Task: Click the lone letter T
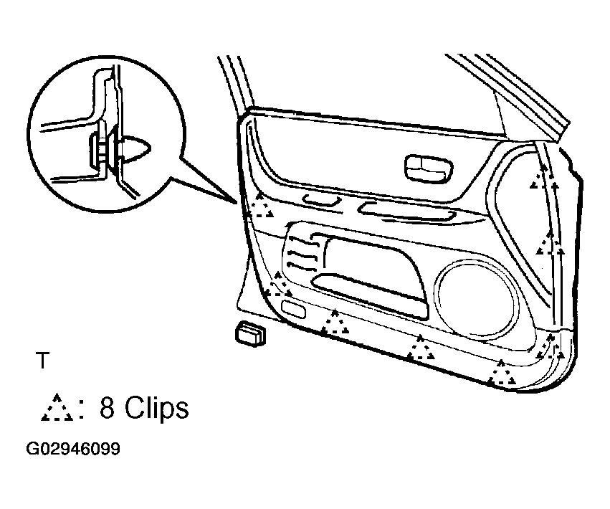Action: [43, 361]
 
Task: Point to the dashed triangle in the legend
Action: [57, 408]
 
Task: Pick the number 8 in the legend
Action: [108, 408]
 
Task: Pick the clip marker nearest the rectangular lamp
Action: [279, 285]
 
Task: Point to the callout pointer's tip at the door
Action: [236, 204]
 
